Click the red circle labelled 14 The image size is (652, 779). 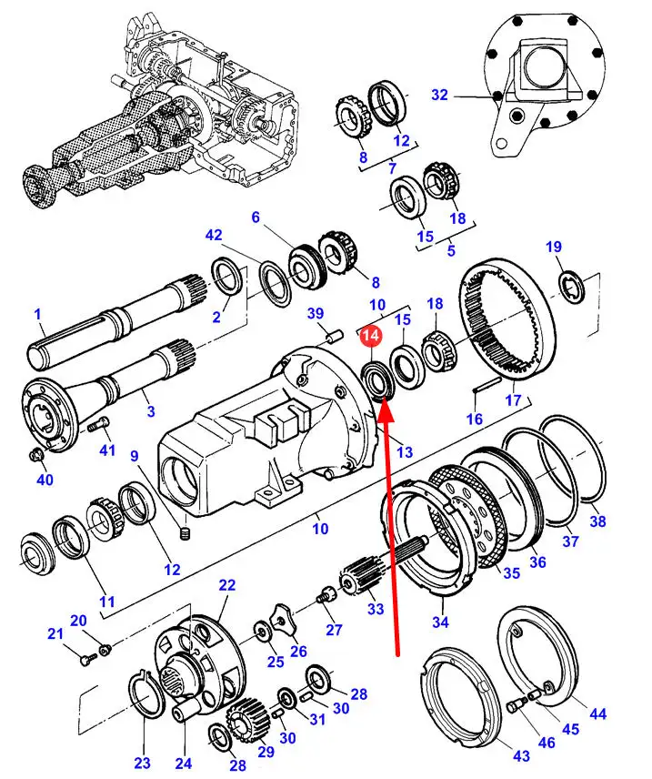(369, 337)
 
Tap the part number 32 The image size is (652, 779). (440, 96)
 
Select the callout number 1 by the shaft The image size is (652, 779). (38, 315)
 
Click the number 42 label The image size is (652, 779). (214, 235)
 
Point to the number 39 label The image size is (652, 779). (316, 314)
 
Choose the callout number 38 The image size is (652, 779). (597, 521)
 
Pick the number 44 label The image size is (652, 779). (597, 714)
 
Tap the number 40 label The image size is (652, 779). (45, 480)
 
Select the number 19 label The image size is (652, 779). (554, 248)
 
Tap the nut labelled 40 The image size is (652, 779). (35, 455)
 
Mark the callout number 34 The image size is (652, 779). (441, 622)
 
